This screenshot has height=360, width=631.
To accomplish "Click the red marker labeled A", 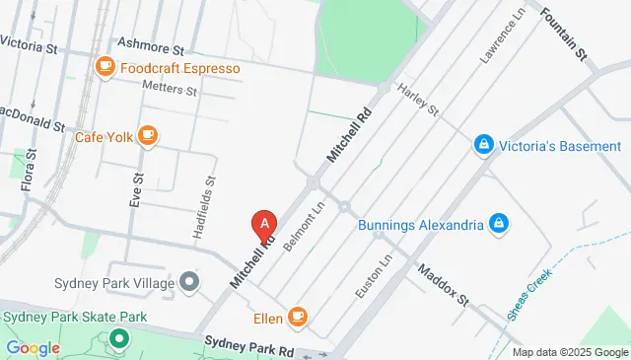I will [263, 225].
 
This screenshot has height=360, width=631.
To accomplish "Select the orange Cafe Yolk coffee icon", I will [147, 135].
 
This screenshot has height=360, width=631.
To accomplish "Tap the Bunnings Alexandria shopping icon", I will [499, 223].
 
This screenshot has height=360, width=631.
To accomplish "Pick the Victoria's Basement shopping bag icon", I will [483, 146].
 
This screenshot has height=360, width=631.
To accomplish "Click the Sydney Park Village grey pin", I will [190, 284].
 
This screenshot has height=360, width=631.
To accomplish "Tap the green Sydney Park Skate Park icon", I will [119, 340].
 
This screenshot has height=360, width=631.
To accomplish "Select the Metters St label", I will [171, 89].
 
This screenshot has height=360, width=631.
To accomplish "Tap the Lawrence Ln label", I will [504, 35].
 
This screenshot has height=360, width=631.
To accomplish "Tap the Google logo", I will [33, 347].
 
